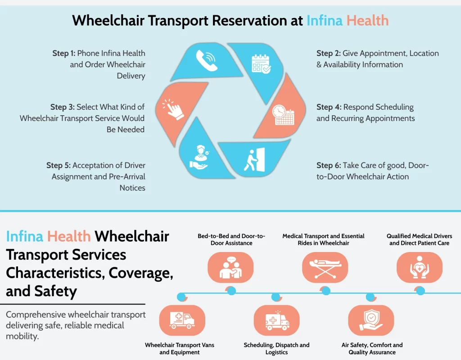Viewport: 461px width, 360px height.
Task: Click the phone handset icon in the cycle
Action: [x=206, y=60]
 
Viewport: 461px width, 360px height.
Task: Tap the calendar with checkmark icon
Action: [x=261, y=63]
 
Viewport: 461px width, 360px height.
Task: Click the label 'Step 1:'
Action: [x=63, y=54]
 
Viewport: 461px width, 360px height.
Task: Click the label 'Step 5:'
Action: [x=58, y=166]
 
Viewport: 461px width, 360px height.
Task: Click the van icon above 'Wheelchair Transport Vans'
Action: [x=182, y=320]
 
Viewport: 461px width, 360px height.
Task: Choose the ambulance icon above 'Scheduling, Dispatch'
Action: [x=277, y=320]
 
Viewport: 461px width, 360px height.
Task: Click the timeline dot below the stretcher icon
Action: [x=325, y=291]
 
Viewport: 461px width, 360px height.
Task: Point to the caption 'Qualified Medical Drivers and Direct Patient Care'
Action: [x=419, y=239]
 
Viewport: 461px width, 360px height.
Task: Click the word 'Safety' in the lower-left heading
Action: [x=56, y=291]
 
